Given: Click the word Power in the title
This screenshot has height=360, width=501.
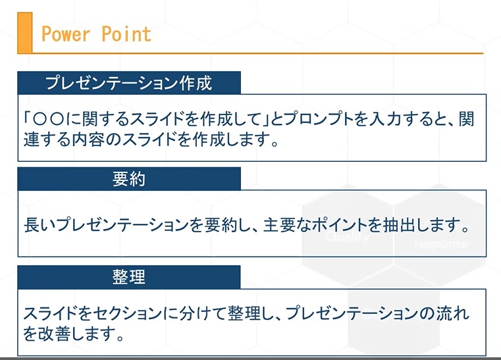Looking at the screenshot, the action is [65, 34].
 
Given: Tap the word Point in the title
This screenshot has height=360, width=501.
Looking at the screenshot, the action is [126, 34].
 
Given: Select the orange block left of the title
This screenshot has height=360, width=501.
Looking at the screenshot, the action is [24, 33].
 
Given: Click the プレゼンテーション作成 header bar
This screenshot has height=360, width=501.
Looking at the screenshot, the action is [129, 83].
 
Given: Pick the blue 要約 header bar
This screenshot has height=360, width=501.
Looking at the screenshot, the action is [129, 178].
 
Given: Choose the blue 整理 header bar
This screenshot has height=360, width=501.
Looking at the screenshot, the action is [129, 277].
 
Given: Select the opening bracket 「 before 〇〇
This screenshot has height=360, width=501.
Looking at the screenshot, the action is [28, 119].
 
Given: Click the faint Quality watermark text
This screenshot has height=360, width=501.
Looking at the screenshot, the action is [347, 237].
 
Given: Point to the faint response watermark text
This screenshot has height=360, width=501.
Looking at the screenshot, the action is [442, 244].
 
